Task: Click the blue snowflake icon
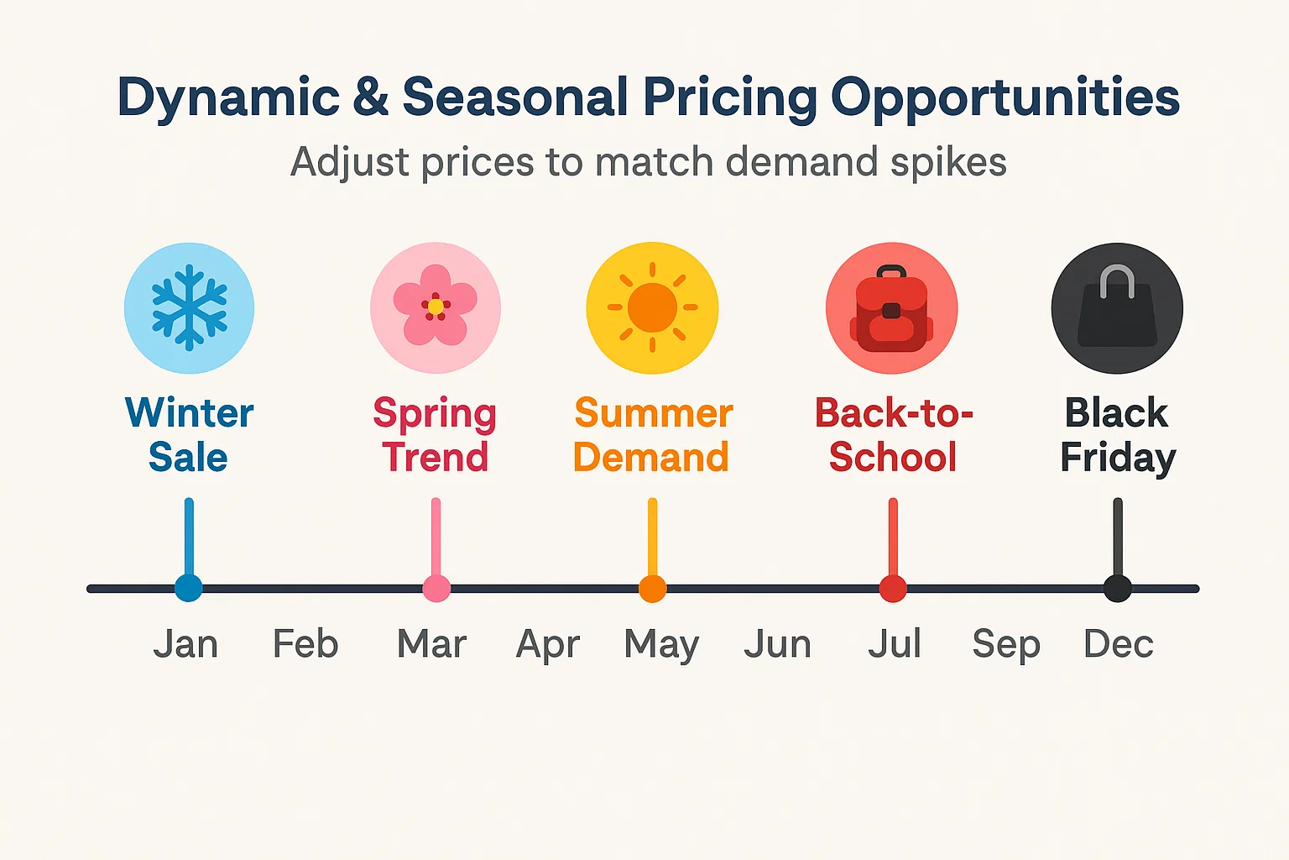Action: (189, 307)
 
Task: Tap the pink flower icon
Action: (436, 307)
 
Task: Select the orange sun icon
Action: (652, 307)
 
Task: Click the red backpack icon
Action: (891, 308)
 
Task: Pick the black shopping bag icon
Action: (1117, 308)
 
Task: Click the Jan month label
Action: (185, 644)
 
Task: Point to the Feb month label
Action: (305, 644)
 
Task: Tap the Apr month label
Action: (548, 645)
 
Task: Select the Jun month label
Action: (777, 644)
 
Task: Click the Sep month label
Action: (1006, 645)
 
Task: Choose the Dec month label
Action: (1119, 644)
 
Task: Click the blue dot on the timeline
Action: (189, 588)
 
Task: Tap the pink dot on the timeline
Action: (436, 588)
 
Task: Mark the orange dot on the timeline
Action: (652, 588)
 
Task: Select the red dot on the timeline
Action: (893, 588)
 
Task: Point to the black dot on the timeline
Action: (1117, 588)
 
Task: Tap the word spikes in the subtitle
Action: (948, 161)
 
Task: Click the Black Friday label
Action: (1117, 435)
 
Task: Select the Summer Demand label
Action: (652, 435)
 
